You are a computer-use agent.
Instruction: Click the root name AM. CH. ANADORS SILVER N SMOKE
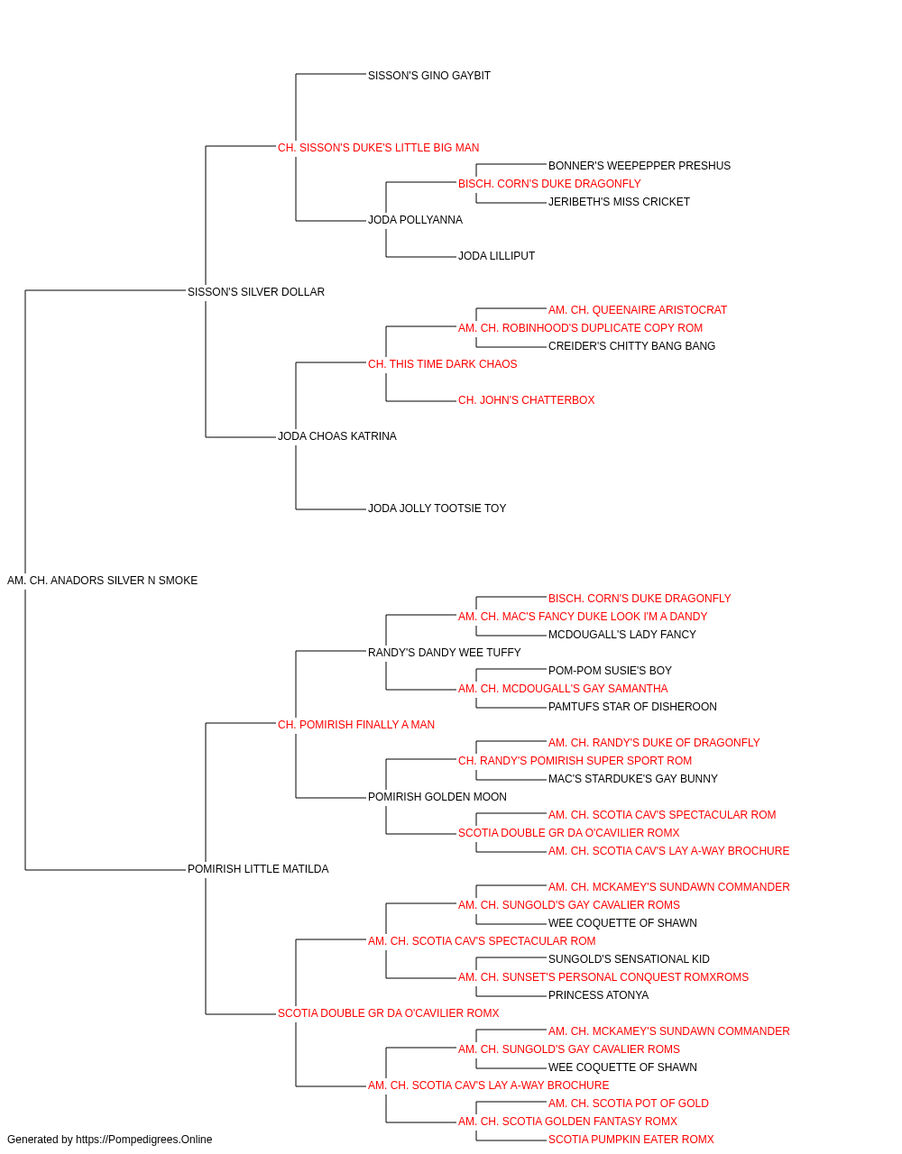[102, 581]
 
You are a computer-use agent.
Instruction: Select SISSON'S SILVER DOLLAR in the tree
[256, 292]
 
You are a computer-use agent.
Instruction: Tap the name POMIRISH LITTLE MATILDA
[258, 869]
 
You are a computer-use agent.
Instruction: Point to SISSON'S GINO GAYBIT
[429, 76]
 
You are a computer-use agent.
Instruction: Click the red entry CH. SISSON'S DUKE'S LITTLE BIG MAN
[378, 148]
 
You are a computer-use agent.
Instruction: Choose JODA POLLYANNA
[416, 220]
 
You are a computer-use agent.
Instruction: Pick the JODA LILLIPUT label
[497, 256]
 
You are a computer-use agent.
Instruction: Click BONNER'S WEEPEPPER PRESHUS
[640, 166]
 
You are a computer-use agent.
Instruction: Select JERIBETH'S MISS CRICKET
[619, 202]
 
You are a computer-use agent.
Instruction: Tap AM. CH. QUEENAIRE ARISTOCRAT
[638, 310]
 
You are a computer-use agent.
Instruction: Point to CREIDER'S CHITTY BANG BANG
[631, 346]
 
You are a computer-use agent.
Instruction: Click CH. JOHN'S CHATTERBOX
[527, 400]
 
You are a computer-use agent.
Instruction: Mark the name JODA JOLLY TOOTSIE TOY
[437, 508]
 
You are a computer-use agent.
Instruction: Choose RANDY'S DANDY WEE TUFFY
[445, 653]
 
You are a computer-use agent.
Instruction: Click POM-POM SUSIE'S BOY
[610, 671]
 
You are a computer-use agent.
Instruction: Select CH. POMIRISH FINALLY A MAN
[356, 725]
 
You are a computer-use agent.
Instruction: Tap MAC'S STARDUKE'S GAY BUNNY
[632, 779]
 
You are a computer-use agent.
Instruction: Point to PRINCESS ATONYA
[598, 995]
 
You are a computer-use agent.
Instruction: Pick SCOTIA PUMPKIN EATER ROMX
[631, 1140]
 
